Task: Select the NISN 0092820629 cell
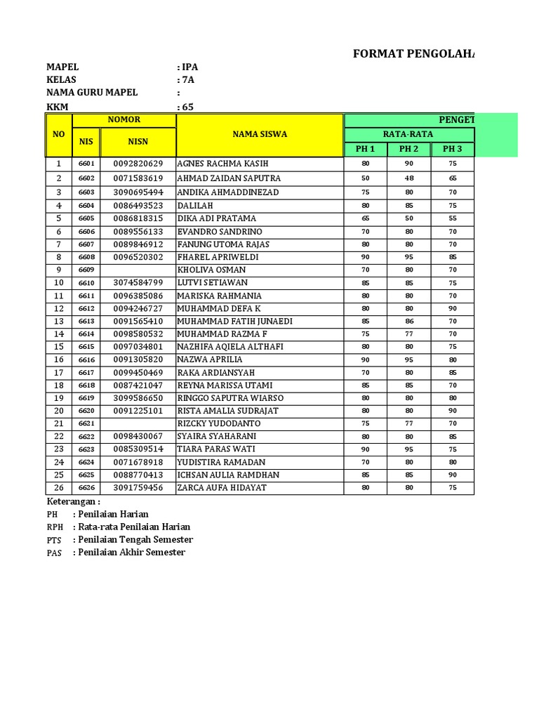coord(138,164)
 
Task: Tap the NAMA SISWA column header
coord(260,134)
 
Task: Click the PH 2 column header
coord(408,149)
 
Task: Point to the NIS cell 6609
coord(86,270)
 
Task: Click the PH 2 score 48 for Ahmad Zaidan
coord(408,178)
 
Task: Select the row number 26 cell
coord(59,487)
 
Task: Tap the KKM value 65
coord(187,107)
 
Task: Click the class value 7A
coord(187,80)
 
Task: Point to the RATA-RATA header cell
coord(408,134)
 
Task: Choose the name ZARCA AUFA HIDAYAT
coord(222,487)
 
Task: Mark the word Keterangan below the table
coord(73,502)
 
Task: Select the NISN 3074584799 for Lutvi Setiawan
coord(138,282)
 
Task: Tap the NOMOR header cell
coord(124,120)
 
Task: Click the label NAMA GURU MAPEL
coord(92,93)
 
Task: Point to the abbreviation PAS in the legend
coord(54,553)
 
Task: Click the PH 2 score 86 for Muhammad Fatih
coord(408,321)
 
